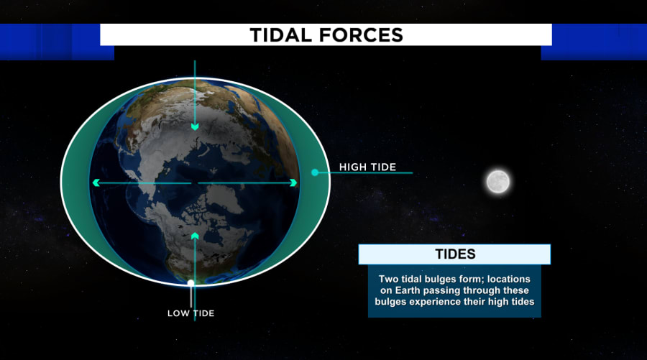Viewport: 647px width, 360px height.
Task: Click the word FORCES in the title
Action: click(361, 35)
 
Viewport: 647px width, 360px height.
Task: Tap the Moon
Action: click(497, 182)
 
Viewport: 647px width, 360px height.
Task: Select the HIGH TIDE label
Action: click(367, 167)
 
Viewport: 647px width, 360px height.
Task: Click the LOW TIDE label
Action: click(191, 313)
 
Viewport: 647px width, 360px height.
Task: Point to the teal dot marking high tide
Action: click(315, 172)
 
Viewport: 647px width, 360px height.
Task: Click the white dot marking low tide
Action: click(191, 283)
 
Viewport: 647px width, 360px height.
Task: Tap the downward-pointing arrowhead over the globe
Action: click(195, 126)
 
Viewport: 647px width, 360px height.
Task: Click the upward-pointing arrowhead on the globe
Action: click(195, 236)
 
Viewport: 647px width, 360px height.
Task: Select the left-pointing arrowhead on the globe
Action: click(96, 183)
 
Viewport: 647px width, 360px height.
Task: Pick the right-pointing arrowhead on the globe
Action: click(293, 183)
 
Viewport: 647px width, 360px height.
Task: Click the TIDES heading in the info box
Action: click(455, 254)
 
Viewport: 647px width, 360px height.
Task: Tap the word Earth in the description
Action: click(408, 290)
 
